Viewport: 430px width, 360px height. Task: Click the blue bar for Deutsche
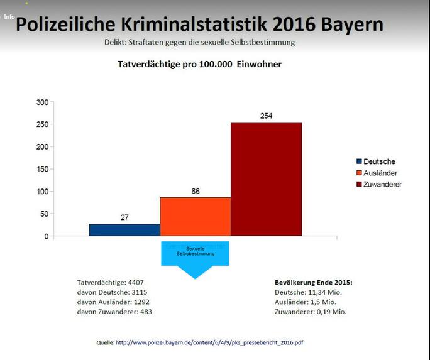pyautogui.click(x=124, y=230)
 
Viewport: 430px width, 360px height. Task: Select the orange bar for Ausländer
pyautogui.click(x=195, y=217)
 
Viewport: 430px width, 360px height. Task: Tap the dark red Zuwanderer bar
pyautogui.click(x=266, y=179)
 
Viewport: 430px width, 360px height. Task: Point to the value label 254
pyautogui.click(x=266, y=116)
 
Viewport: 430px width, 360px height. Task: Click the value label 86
pyautogui.click(x=196, y=191)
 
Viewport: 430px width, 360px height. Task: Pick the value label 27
pyautogui.click(x=124, y=217)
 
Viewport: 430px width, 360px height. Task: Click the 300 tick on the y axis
pyautogui.click(x=42, y=102)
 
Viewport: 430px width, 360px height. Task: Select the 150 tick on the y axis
pyautogui.click(x=42, y=169)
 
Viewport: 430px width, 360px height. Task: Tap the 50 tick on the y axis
pyautogui.click(x=43, y=214)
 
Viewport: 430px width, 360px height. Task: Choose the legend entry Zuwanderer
pyautogui.click(x=382, y=184)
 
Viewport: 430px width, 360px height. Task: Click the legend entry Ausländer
pyautogui.click(x=380, y=173)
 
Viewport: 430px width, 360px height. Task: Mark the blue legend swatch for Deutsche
pyautogui.click(x=359, y=161)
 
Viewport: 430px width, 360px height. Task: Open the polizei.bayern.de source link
pyautogui.click(x=214, y=342)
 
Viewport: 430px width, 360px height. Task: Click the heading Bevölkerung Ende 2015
pyautogui.click(x=314, y=282)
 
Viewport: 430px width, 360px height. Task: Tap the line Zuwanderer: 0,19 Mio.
pyautogui.click(x=311, y=311)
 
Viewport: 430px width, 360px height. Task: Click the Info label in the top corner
pyautogui.click(x=9, y=17)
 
